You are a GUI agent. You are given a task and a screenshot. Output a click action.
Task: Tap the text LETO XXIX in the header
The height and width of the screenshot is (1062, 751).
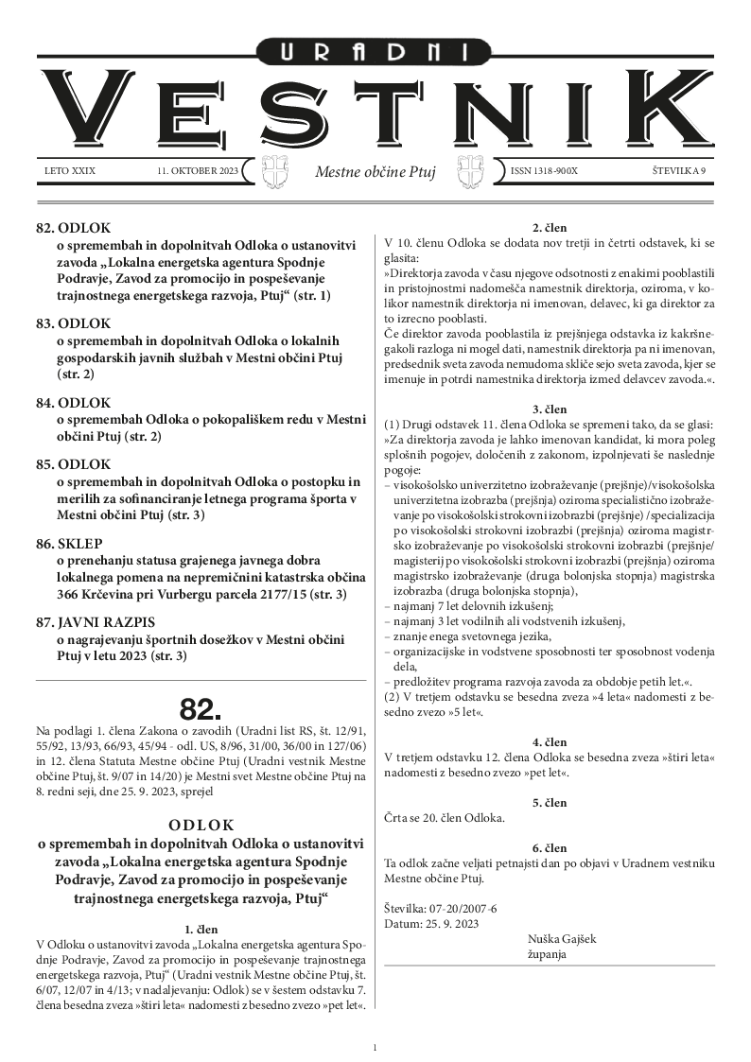tap(70, 171)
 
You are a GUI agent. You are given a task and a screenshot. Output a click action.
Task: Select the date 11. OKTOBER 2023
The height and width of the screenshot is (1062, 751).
tap(199, 171)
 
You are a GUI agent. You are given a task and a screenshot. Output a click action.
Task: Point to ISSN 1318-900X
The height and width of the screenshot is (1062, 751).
tap(544, 171)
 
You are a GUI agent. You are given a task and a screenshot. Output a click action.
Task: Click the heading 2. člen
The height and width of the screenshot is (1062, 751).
tap(550, 227)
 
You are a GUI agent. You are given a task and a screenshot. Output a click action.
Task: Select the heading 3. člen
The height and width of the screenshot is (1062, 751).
tap(550, 409)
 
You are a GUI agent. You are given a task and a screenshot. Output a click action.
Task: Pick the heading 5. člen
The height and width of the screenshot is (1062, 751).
tap(550, 802)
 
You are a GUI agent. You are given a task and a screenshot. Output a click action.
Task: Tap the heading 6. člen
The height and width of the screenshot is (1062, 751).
tap(550, 847)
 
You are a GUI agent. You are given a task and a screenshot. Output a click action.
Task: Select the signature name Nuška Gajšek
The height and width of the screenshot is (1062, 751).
tap(562, 939)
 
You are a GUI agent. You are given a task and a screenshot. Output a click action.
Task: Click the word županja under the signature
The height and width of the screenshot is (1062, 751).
tap(547, 954)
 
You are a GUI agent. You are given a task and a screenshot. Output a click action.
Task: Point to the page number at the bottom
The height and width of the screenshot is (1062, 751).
tap(375, 1047)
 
